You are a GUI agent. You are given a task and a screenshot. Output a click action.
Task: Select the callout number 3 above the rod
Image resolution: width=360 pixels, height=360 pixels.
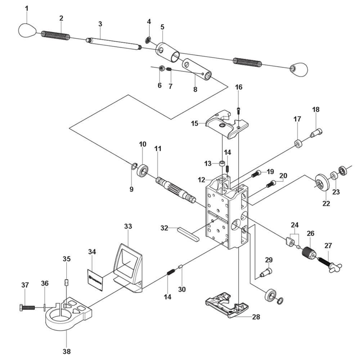click(x=100, y=24)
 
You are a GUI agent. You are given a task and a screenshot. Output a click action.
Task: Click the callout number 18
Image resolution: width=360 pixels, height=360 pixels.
click(x=316, y=109)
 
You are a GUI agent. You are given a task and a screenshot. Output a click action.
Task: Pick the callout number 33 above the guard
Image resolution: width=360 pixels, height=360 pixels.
click(x=128, y=226)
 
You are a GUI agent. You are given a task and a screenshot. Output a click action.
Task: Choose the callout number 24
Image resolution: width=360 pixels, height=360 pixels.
click(x=295, y=225)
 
